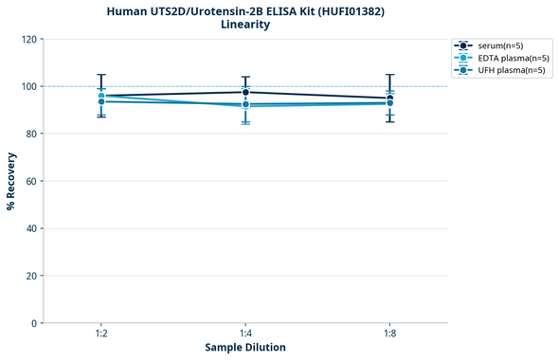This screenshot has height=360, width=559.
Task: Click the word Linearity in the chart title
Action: coord(244,25)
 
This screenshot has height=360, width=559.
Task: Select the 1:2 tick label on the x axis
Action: coord(101,334)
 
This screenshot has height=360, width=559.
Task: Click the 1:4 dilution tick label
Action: coord(245,334)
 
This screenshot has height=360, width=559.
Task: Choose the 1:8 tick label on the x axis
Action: coord(389,334)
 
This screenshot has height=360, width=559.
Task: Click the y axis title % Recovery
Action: coord(11,181)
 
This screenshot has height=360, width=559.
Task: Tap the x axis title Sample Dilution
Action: coord(245,348)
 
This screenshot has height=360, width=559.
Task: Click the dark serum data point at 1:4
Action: coord(245,92)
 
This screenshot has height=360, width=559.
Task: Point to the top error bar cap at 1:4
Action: coord(245,77)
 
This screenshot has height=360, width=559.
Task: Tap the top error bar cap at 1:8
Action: coord(389,75)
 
